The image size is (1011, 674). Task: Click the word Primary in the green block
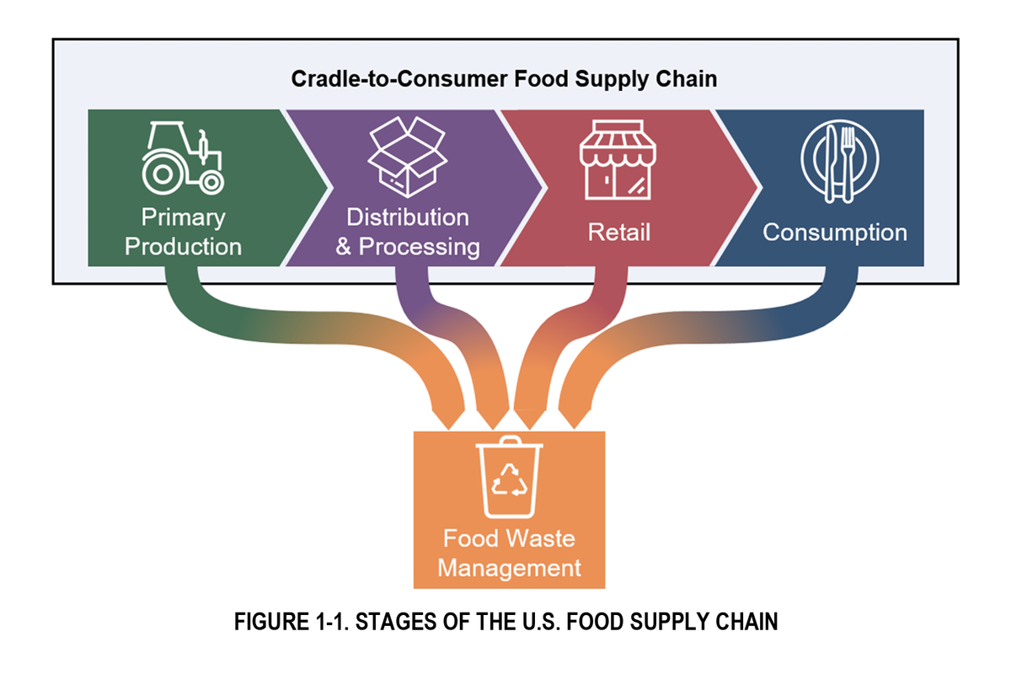click(x=182, y=217)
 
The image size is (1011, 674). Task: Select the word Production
click(x=183, y=247)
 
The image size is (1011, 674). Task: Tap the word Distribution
click(x=408, y=217)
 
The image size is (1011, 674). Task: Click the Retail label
click(x=619, y=233)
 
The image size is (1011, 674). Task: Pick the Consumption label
click(x=835, y=233)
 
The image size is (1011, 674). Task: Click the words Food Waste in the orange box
click(x=509, y=538)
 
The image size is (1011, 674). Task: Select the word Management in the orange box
click(x=509, y=567)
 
